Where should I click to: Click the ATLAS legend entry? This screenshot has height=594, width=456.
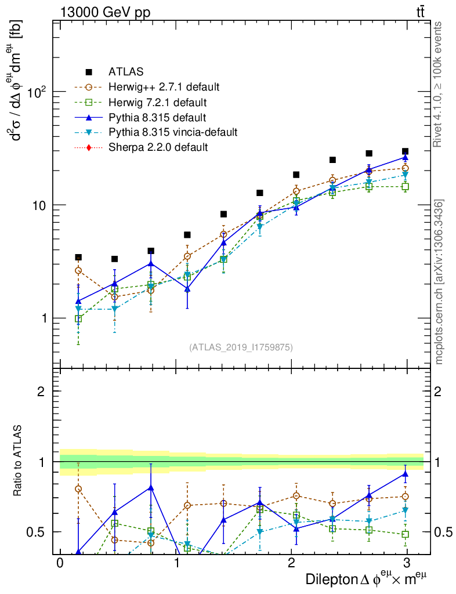pyautogui.click(x=125, y=72)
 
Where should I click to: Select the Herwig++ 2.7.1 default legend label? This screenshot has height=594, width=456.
pyautogui.click(x=164, y=87)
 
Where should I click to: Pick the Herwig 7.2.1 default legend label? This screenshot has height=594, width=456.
pyautogui.click(x=157, y=103)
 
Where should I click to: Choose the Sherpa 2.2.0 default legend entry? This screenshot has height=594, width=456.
pyautogui.click(x=158, y=147)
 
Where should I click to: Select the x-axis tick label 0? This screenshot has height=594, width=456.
pyautogui.click(x=60, y=563)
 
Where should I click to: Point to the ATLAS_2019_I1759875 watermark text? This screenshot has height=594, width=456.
pyautogui.click(x=241, y=347)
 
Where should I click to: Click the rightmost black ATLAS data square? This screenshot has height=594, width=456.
pyautogui.click(x=405, y=151)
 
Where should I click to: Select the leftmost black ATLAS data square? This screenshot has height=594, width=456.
pyautogui.click(x=78, y=258)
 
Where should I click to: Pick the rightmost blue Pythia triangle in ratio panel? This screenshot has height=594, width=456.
pyautogui.click(x=405, y=474)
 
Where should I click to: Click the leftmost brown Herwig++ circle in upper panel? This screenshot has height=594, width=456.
pyautogui.click(x=78, y=270)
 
